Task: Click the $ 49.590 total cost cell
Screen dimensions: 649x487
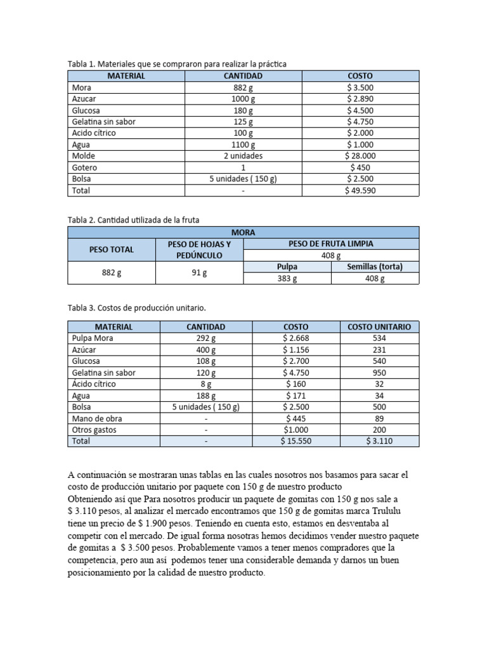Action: [360, 190]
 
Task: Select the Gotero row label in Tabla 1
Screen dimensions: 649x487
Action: [85, 167]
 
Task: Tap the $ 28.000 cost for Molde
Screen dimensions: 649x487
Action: [360, 156]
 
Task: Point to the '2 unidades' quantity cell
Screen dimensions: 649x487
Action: [243, 156]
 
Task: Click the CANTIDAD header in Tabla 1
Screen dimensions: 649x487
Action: [243, 76]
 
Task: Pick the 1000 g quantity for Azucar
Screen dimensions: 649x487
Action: [243, 99]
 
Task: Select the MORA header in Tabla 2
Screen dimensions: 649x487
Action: [243, 233]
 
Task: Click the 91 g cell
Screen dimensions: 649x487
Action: [199, 273]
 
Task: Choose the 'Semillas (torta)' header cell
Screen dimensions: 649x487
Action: [375, 267]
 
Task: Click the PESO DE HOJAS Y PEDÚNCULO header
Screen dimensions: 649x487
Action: [199, 250]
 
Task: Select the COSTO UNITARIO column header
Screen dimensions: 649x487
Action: [380, 327]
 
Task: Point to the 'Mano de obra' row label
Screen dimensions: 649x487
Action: [97, 418]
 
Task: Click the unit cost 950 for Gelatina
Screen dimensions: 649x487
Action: [380, 373]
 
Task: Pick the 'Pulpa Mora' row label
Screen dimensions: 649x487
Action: [93, 338]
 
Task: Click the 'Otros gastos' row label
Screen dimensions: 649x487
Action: [94, 430]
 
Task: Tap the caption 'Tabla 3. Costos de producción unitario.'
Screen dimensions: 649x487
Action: [136, 307]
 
